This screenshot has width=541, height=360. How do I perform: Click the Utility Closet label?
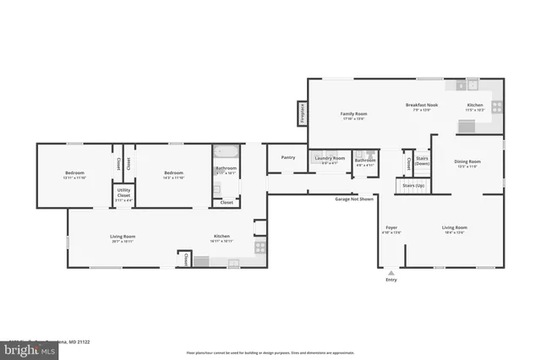123,194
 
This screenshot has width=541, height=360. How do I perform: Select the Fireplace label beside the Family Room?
300,113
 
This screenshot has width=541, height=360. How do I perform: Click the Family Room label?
353,113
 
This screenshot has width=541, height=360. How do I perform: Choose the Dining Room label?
467,161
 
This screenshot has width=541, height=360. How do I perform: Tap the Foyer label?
391,227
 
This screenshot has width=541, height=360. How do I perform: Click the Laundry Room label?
330,158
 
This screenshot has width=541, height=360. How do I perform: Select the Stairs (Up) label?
413,184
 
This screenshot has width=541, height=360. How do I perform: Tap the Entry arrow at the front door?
391,272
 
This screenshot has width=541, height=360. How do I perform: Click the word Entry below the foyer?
391,280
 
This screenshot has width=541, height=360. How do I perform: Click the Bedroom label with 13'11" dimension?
75,173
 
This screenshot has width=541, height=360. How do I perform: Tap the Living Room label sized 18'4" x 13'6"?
454,227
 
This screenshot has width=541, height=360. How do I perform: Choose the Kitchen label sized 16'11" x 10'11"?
221,237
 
